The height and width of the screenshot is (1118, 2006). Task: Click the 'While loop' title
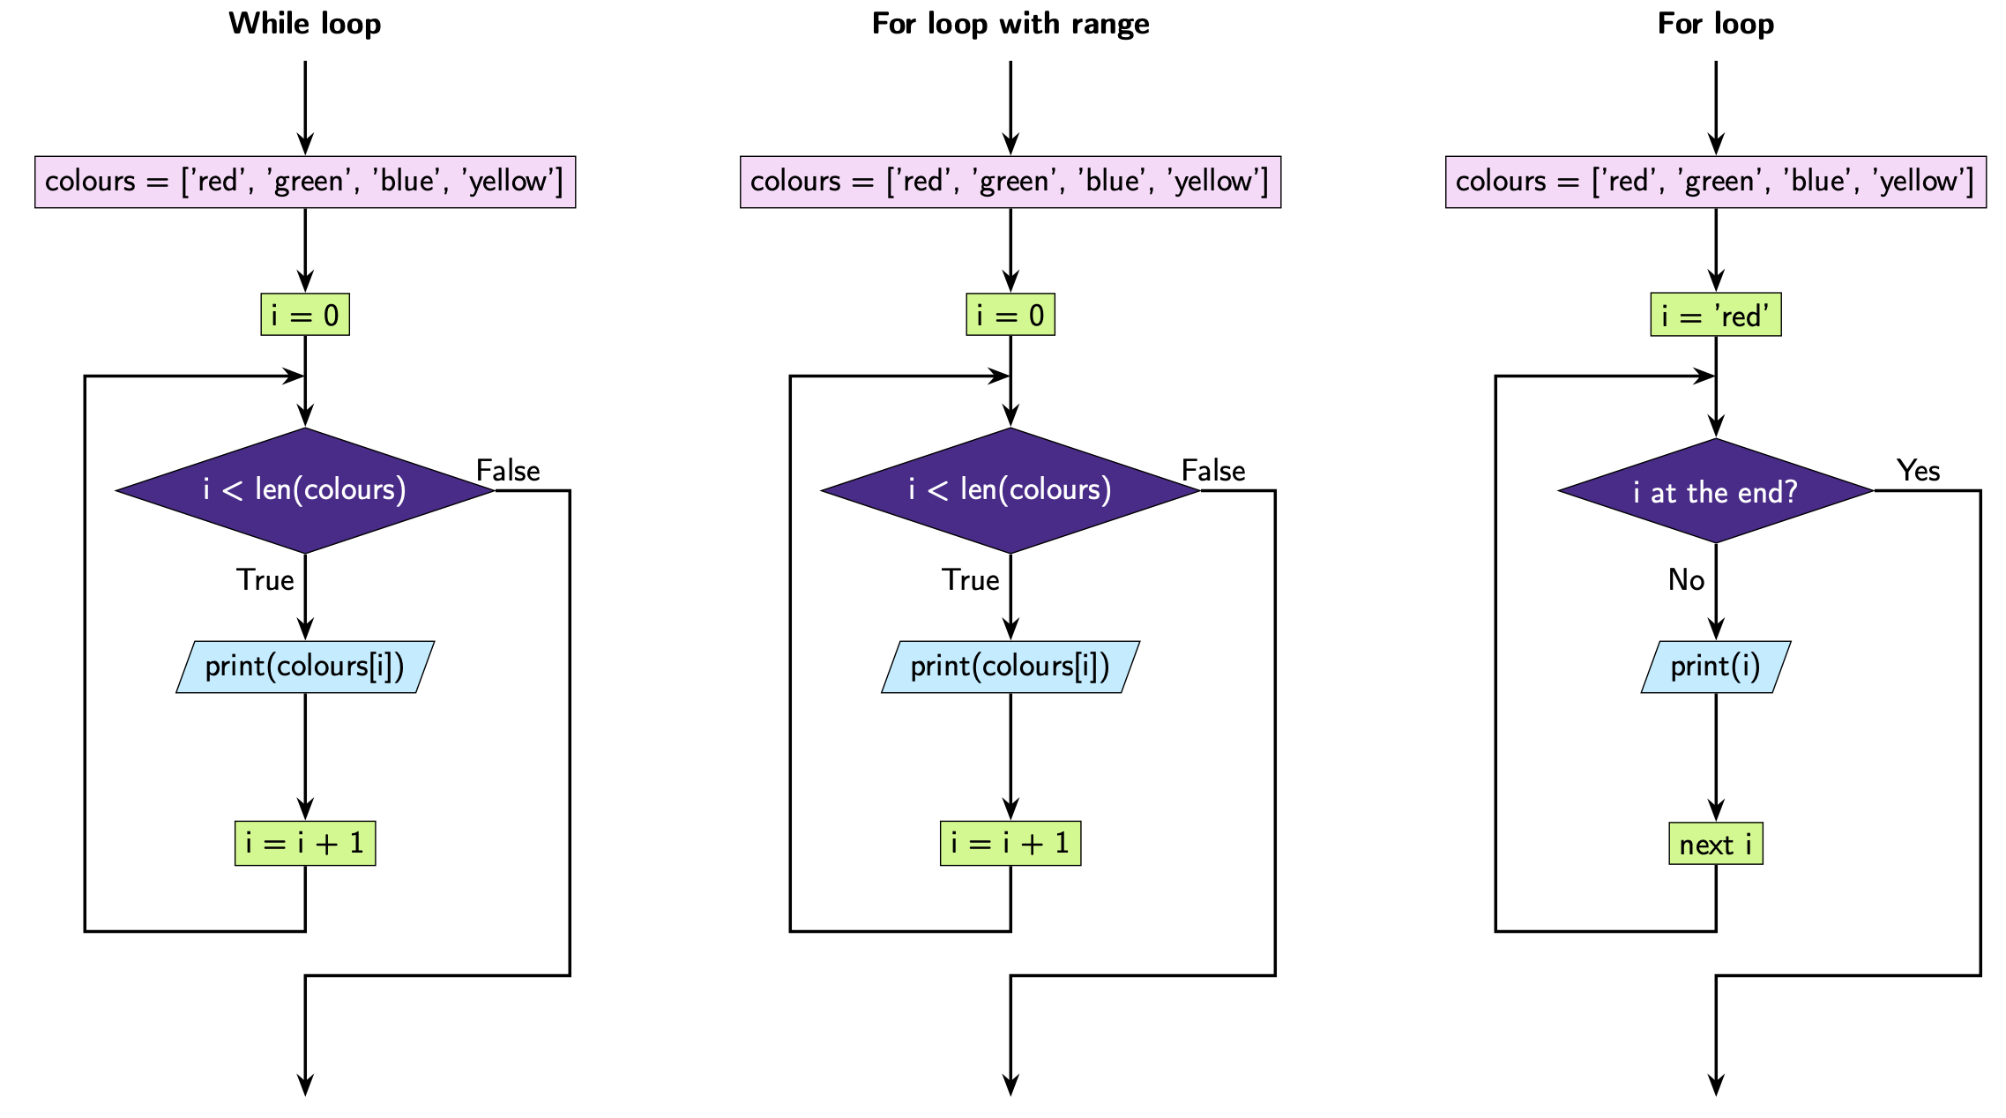(305, 24)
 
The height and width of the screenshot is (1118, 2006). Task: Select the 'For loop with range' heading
(1010, 24)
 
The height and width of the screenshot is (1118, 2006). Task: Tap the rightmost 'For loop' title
(1715, 24)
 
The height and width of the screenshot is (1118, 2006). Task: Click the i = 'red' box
(1715, 315)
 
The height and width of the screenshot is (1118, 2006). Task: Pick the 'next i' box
(1715, 844)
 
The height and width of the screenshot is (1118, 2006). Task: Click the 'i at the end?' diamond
(1715, 491)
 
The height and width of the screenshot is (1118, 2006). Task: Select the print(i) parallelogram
(1715, 667)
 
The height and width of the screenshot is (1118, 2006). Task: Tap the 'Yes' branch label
(1918, 470)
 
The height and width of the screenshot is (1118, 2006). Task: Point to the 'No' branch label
(1686, 579)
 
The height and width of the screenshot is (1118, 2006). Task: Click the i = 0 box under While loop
(305, 315)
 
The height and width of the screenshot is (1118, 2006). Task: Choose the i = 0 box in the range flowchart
(1010, 315)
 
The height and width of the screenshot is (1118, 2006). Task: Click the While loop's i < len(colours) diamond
(305, 490)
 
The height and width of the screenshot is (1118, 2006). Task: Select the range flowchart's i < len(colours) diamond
(1010, 490)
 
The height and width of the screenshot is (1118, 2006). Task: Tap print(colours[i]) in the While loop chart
(305, 667)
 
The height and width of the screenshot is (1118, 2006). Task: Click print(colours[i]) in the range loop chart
(1010, 667)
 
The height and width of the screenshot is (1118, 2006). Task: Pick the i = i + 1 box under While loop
(305, 843)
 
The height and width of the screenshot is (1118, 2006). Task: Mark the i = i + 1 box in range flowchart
(1010, 843)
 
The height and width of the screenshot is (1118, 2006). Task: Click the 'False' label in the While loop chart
(508, 470)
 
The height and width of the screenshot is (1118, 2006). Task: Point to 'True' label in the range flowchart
(970, 579)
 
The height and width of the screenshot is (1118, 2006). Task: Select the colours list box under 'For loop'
(1715, 182)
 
